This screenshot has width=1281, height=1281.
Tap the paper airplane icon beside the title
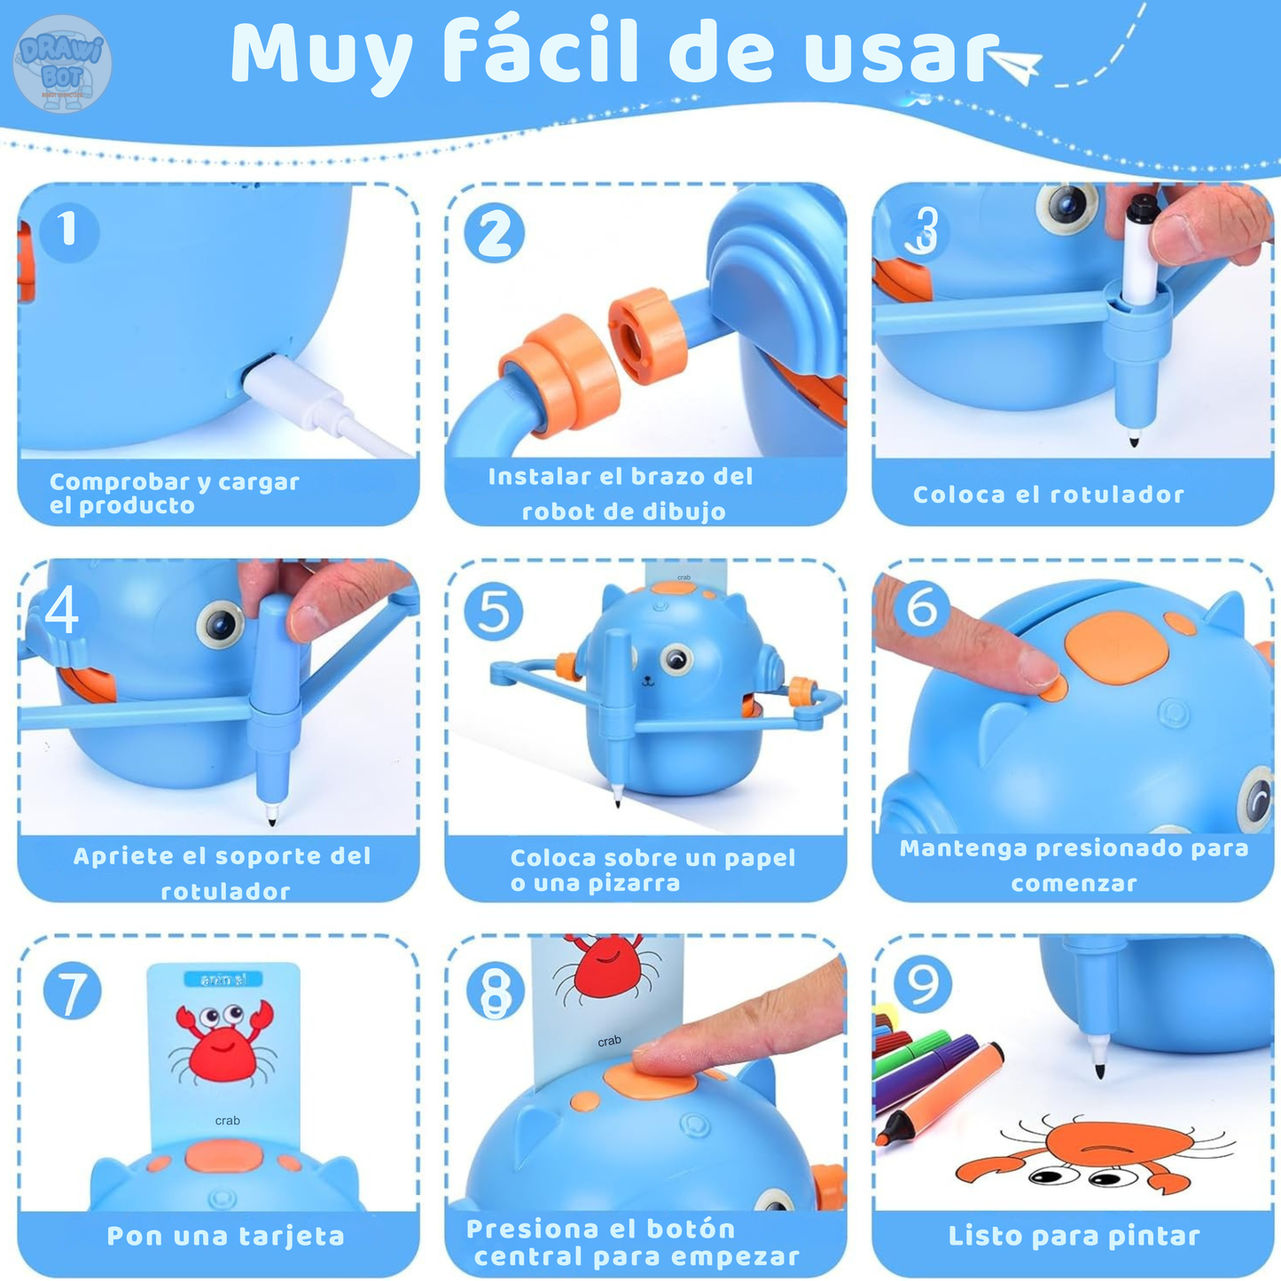click(1016, 66)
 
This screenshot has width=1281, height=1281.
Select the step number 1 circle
click(68, 230)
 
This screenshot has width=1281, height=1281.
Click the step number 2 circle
click(495, 233)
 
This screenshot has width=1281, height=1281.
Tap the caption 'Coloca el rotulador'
click(1049, 495)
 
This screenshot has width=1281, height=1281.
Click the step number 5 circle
click(494, 612)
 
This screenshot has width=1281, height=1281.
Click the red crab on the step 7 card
click(223, 1041)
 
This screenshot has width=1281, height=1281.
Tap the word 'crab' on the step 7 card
click(227, 1121)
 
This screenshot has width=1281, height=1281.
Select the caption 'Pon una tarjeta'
click(225, 1236)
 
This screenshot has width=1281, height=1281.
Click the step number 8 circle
click(496, 990)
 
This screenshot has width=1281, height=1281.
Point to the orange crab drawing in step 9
click(1099, 1152)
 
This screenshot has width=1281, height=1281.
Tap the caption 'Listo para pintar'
click(1074, 1236)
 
